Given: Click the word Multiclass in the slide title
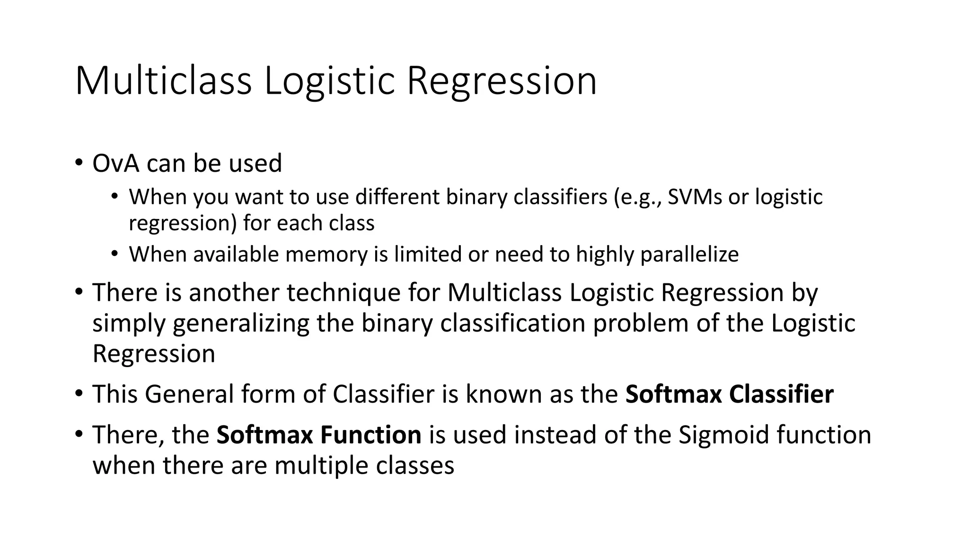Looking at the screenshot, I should [163, 81].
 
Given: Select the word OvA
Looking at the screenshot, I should [116, 163].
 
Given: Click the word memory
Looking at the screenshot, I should [326, 255].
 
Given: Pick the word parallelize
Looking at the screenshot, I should [689, 255].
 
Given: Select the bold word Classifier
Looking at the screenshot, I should [781, 394].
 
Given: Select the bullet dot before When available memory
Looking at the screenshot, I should [115, 255].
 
